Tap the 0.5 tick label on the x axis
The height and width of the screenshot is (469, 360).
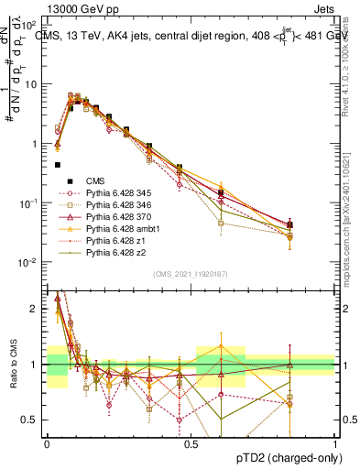191,443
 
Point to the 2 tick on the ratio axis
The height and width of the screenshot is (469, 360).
37,309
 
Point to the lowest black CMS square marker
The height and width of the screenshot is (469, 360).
58,165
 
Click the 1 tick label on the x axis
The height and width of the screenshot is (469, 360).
335,443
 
